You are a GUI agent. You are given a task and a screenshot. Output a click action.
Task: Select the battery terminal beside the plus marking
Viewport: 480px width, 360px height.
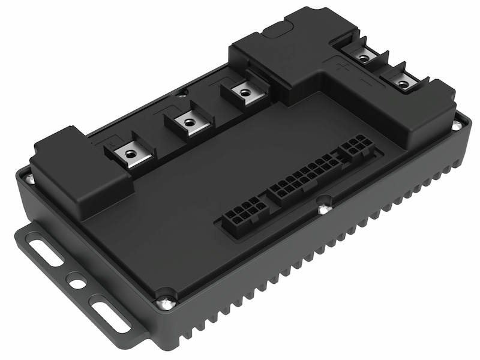point(363,58)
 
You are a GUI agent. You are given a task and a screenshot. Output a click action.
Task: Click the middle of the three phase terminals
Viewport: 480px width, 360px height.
point(188,123)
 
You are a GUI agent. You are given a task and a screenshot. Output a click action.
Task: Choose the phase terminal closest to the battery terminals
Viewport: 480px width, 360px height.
point(243,93)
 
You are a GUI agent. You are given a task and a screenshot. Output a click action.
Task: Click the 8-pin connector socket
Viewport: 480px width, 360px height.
point(244,214)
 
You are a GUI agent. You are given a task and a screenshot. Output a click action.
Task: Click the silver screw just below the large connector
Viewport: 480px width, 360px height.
point(324,208)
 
